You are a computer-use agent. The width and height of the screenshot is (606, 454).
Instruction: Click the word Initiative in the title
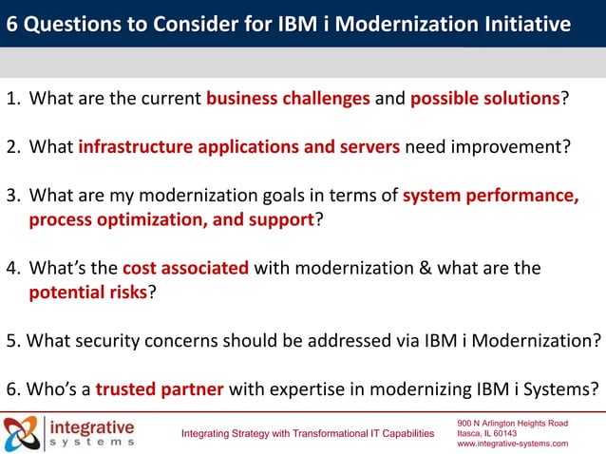tap(521, 23)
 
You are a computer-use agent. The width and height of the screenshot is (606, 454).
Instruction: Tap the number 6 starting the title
tap(12, 23)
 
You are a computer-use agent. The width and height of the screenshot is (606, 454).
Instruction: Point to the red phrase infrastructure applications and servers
tap(240, 146)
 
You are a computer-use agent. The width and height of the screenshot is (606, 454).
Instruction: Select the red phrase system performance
tap(490, 197)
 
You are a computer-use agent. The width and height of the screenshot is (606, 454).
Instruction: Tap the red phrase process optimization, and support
tap(171, 219)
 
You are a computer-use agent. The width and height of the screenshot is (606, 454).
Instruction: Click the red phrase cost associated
tap(185, 268)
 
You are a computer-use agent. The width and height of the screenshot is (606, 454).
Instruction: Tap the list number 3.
tap(12, 197)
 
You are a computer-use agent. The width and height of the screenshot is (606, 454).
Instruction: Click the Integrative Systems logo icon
tap(23, 432)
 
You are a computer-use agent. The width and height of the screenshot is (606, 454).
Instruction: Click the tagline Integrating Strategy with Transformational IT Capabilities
tap(307, 434)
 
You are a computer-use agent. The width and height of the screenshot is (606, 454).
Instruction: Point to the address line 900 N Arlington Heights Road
tap(512, 422)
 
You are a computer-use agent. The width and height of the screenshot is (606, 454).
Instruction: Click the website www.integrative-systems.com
tap(512, 444)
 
